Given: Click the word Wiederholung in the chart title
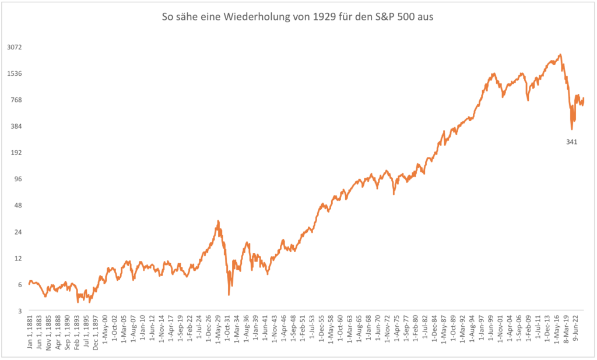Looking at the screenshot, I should [255, 17].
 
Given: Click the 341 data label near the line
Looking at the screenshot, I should [571, 142].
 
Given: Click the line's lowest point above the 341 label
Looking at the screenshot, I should [572, 129].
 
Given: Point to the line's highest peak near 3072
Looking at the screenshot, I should [560, 55].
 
